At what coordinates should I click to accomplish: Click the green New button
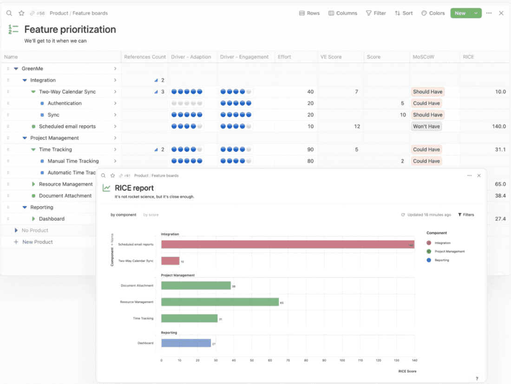(460, 13)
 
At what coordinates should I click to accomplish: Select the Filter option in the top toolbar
(376, 13)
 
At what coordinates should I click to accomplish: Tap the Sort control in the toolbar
(404, 13)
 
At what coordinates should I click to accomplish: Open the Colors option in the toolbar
(433, 13)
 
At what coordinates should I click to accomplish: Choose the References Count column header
(144, 57)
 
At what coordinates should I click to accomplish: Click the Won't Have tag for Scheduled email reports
(426, 126)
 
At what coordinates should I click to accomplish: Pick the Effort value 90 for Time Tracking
(310, 150)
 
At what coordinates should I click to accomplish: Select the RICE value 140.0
(498, 126)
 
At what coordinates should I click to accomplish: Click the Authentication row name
(65, 103)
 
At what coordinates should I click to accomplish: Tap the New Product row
(37, 242)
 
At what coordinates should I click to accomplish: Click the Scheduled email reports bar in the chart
(288, 245)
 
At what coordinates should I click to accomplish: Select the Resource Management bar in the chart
(220, 302)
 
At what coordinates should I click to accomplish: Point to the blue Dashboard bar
(186, 343)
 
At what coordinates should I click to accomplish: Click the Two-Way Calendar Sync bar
(170, 261)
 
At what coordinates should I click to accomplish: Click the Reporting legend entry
(441, 260)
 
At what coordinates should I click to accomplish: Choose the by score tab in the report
(151, 215)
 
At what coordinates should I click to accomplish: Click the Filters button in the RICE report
(466, 215)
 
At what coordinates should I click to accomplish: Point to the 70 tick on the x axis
(288, 360)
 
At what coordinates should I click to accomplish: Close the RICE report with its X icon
(479, 176)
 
